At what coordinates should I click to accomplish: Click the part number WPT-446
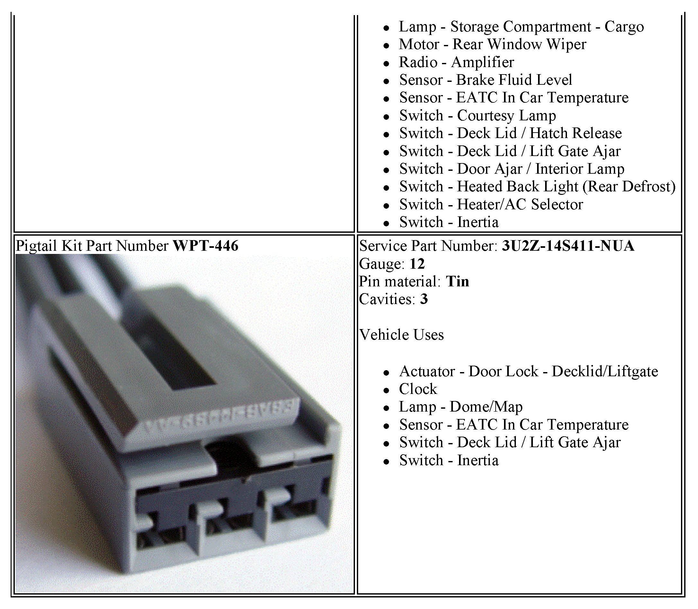[206, 246]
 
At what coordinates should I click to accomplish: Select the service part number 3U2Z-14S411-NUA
[568, 246]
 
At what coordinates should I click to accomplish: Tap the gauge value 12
[417, 264]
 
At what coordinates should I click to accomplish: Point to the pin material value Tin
[457, 282]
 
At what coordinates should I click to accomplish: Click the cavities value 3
[424, 299]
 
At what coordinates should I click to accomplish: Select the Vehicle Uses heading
[402, 335]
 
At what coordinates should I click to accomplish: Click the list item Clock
[418, 389]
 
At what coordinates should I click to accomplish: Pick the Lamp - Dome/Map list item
[461, 407]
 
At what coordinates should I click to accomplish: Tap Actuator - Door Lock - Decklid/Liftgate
[529, 371]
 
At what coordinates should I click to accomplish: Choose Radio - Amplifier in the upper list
[456, 62]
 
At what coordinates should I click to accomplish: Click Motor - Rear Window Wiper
[493, 45]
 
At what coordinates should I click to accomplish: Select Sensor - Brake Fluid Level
[485, 80]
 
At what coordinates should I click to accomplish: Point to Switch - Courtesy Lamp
[478, 116]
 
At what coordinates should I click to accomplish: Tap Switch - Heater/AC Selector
[491, 204]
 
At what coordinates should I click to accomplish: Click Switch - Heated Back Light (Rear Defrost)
[537, 187]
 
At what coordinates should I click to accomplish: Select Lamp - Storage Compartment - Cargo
[521, 27]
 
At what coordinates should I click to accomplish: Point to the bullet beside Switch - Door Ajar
[386, 170]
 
